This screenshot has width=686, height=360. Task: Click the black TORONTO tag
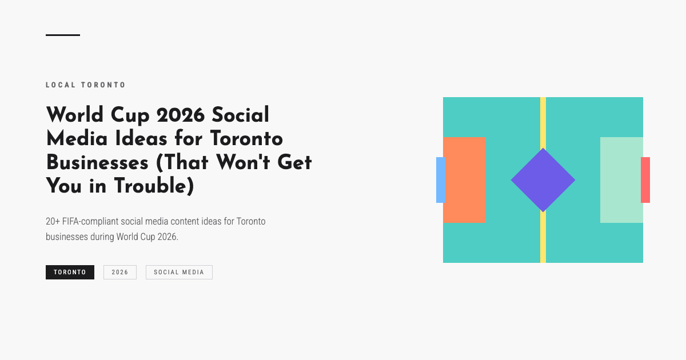tap(70, 273)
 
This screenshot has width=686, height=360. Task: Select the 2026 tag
tap(120, 273)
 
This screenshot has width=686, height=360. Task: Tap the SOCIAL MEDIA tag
tap(179, 273)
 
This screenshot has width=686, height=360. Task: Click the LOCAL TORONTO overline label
tap(86, 85)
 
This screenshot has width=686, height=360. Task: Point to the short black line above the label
tap(63, 35)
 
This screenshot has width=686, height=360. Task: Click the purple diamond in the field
tap(543, 180)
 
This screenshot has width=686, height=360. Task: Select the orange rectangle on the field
tap(464, 179)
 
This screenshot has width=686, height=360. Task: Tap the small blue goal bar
tap(441, 180)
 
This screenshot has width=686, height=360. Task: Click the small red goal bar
tap(645, 180)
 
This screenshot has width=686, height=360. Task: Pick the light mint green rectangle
tap(621, 180)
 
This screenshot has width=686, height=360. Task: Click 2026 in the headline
tap(181, 115)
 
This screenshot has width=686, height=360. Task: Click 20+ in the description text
tap(53, 221)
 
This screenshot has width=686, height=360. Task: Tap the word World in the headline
tap(74, 115)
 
